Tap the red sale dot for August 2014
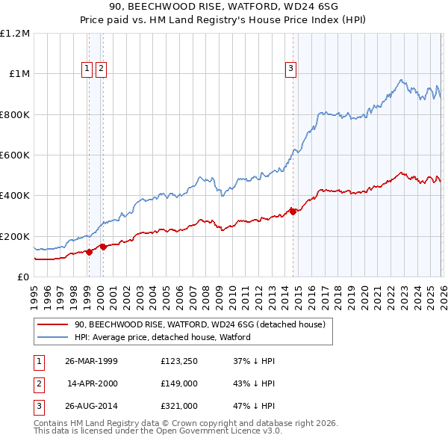(x=293, y=212)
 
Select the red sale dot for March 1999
(x=89, y=252)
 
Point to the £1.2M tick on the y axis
(x=16, y=34)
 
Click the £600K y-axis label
(x=14, y=155)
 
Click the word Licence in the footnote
(x=248, y=431)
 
